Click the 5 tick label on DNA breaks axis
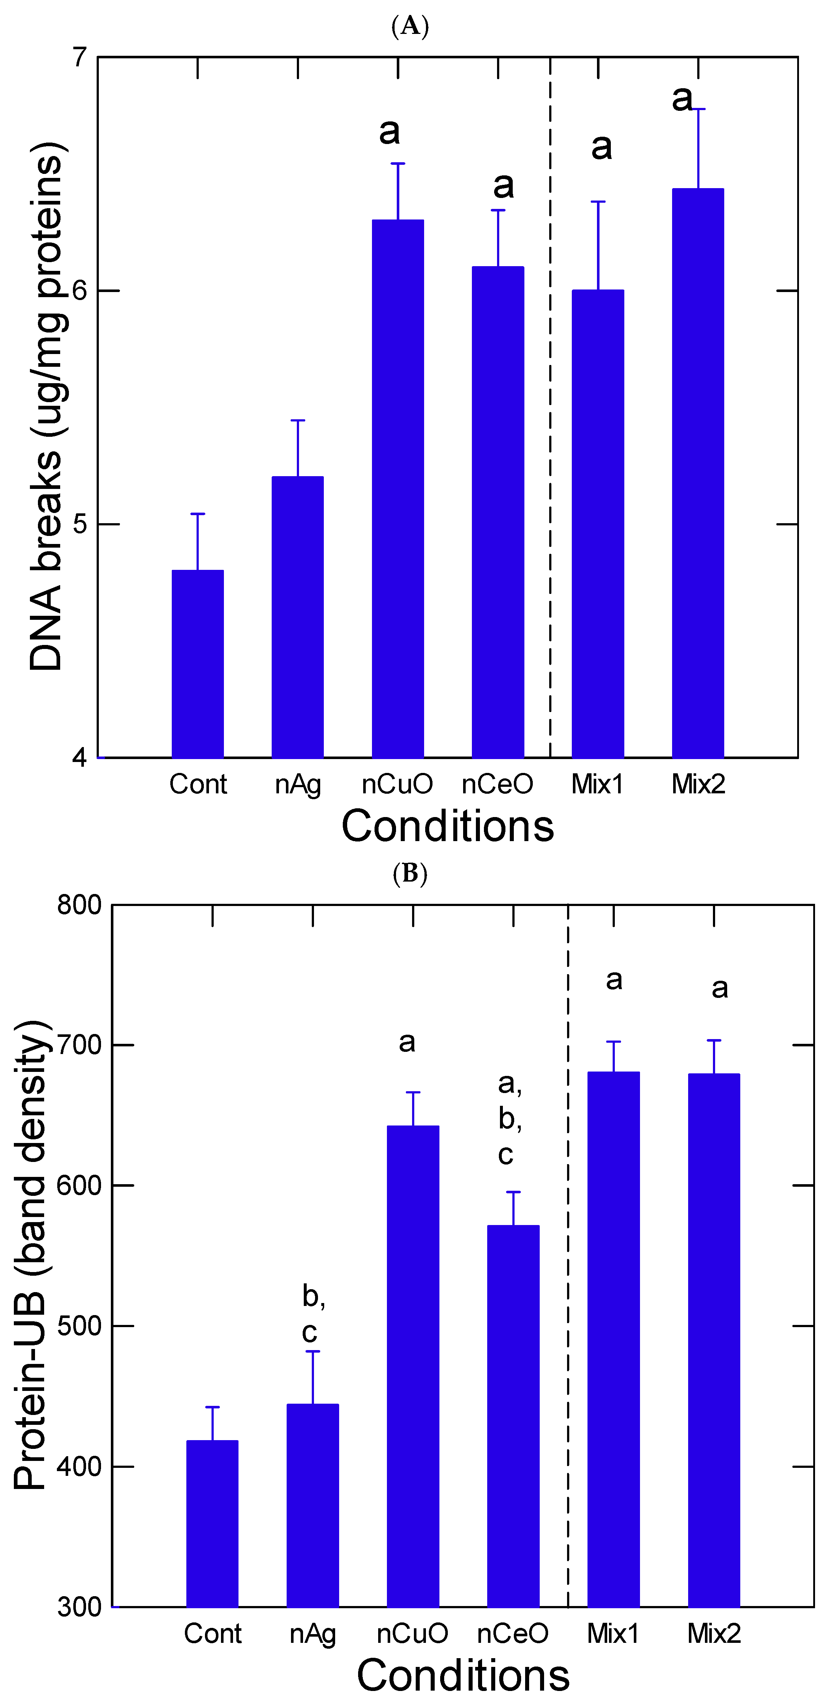tap(80, 524)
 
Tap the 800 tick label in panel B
tap(79, 905)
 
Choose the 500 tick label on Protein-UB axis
tap(79, 1326)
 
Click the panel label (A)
tap(410, 27)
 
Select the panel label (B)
tap(410, 874)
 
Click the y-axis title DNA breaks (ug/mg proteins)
tap(46, 407)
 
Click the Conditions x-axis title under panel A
tap(448, 827)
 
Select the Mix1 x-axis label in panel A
tap(597, 785)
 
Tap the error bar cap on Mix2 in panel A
tap(698, 109)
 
